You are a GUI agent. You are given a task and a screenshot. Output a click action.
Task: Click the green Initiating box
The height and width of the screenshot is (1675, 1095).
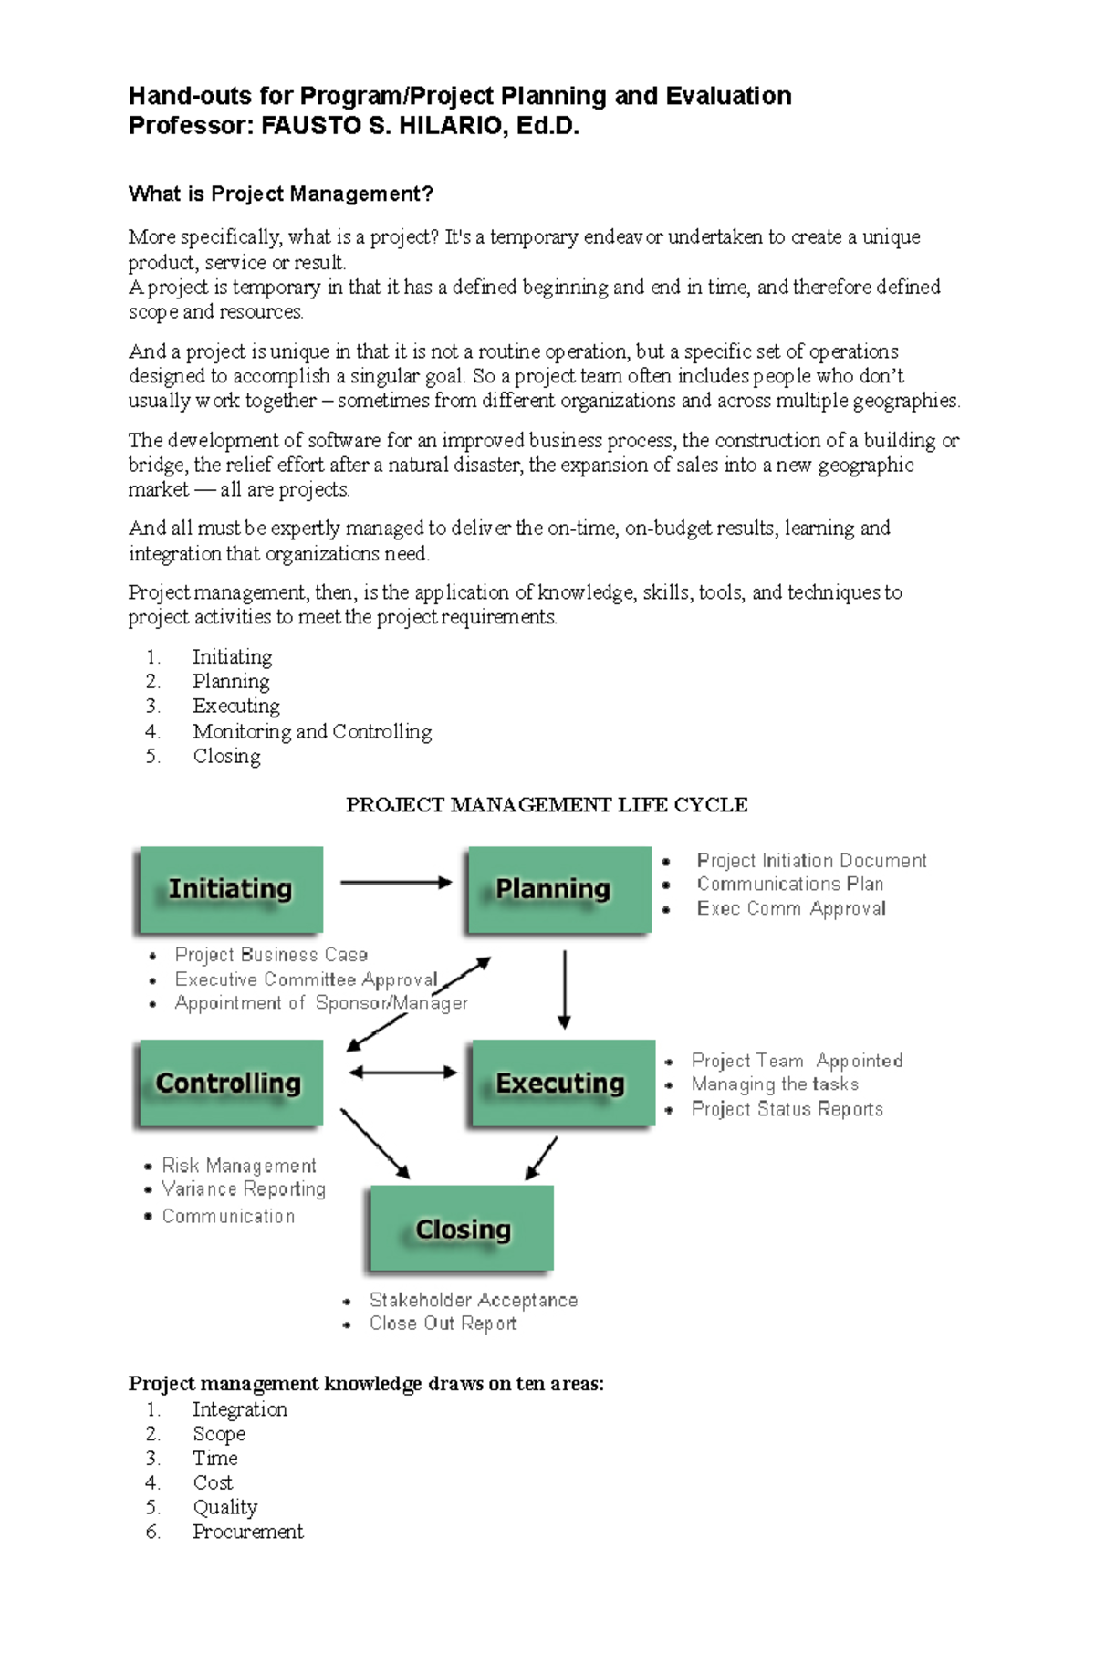pos(230,889)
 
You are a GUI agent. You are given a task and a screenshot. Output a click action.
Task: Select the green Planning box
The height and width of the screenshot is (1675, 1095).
pos(558,889)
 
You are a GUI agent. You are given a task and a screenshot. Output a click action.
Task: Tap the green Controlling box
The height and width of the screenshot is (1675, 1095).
pos(230,1083)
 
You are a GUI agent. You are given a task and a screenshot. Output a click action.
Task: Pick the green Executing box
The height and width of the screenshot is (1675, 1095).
pos(562,1083)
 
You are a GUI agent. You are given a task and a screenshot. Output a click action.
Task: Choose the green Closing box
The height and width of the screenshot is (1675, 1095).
pos(461,1229)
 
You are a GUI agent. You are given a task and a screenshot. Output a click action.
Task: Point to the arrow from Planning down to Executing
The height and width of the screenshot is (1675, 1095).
pos(565,989)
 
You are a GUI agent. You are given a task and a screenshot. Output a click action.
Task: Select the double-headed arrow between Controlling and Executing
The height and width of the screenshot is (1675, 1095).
pos(402,1073)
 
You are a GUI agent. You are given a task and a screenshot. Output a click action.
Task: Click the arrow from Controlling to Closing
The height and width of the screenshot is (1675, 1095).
pos(374,1143)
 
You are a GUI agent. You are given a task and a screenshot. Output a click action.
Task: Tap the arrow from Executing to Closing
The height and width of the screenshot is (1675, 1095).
pos(542,1157)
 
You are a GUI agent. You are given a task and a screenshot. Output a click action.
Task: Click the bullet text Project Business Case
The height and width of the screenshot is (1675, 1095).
pos(271,955)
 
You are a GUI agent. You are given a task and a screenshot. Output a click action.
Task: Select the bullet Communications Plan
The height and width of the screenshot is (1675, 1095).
pos(789,885)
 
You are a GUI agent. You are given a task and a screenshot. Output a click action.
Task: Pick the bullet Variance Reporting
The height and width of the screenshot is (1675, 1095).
pos(244,1189)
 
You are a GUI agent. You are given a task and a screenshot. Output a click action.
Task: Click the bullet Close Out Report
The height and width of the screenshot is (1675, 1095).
pos(443,1324)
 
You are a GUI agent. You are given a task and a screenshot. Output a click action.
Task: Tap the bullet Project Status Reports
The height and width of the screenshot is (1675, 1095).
pos(787,1109)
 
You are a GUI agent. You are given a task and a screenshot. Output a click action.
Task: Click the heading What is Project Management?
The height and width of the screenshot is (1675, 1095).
pos(280,194)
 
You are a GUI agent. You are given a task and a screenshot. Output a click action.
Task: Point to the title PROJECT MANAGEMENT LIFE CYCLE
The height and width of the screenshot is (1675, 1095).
pos(547,805)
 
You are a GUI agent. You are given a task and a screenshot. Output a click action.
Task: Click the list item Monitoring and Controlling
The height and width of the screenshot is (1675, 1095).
pos(311,731)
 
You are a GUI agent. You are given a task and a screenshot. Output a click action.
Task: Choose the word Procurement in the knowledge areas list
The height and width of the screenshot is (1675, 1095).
pos(247,1532)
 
